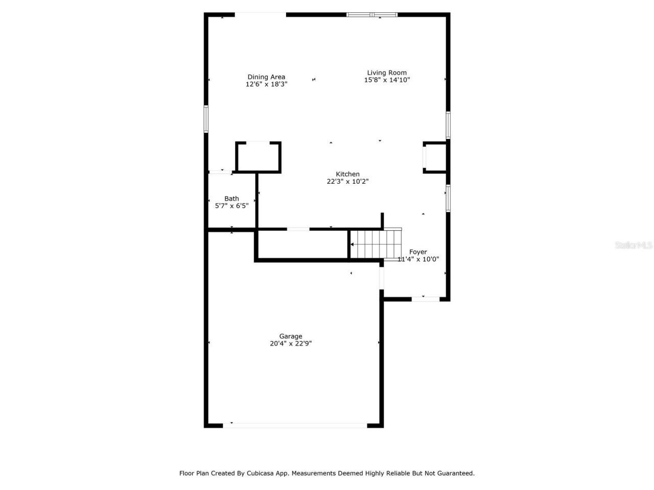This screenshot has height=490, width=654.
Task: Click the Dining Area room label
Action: point(266,77)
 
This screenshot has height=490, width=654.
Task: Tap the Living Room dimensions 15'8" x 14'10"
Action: point(387,80)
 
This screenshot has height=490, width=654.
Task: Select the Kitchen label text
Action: point(347,174)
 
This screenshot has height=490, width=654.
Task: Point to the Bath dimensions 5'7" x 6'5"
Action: point(231,206)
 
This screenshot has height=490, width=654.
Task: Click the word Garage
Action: point(291,336)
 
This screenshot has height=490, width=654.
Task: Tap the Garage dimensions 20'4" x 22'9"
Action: point(291,344)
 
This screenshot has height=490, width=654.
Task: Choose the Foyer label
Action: point(418,252)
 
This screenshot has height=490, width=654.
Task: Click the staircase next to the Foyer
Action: point(374,244)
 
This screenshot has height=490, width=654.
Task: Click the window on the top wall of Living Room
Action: point(372,14)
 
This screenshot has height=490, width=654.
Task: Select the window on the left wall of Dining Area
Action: point(206,118)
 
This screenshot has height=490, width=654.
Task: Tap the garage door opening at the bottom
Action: point(295,425)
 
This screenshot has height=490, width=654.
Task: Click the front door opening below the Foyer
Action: point(425,299)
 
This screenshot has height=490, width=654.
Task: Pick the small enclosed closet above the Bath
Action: point(258,157)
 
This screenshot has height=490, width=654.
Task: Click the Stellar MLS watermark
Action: point(633,246)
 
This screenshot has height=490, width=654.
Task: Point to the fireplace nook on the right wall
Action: point(435,157)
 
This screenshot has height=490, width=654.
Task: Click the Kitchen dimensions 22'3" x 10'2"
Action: point(347,181)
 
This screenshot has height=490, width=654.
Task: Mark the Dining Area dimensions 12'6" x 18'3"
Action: point(266,84)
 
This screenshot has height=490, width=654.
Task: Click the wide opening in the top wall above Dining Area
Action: point(260,14)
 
